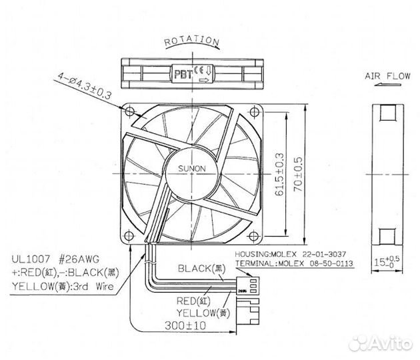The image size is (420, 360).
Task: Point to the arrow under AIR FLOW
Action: [x=387, y=85]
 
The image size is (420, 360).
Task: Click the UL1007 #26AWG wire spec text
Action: [x=49, y=260]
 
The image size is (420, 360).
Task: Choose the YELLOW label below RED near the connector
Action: [x=195, y=312]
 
